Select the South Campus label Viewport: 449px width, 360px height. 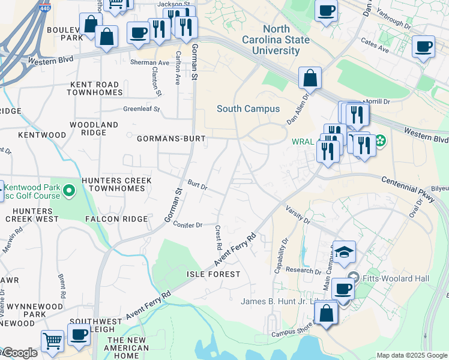point(248,109)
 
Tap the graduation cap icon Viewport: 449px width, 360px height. point(345,252)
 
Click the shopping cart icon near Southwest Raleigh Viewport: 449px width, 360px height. point(52,341)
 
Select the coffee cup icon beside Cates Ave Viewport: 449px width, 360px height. point(423,46)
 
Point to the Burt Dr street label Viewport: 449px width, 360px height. point(197,186)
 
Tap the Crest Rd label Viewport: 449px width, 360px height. point(218,238)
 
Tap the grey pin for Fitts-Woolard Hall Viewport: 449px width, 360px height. point(352,278)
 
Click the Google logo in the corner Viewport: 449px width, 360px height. point(19,353)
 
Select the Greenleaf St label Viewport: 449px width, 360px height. point(142,109)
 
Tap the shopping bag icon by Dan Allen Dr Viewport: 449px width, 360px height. point(310,78)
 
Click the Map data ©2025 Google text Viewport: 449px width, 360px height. point(411,355)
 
